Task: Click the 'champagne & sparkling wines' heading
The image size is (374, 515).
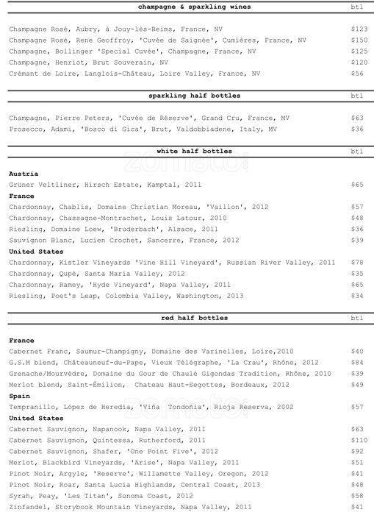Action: click(195, 7)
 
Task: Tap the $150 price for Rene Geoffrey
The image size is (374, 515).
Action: click(358, 40)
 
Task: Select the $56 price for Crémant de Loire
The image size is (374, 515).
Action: click(358, 74)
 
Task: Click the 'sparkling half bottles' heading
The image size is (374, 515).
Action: click(195, 96)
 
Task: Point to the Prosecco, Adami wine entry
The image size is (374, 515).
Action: click(143, 129)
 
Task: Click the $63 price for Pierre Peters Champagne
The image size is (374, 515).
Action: click(358, 118)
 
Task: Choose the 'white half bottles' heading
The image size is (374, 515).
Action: click(195, 151)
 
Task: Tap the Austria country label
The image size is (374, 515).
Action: click(23, 174)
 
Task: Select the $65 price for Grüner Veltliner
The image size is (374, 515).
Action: click(358, 185)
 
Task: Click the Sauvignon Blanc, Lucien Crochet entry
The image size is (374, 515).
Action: click(124, 240)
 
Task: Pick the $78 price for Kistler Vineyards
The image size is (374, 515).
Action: click(358, 262)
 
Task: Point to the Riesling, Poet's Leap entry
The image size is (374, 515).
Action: click(125, 295)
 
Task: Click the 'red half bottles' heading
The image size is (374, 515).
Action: click(195, 318)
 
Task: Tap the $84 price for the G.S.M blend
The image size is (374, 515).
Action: click(358, 362)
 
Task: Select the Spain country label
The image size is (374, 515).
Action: click(19, 395)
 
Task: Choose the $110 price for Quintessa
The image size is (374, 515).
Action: click(358, 440)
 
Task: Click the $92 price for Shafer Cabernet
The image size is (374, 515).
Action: click(358, 451)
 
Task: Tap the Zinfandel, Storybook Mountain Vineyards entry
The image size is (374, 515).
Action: click(130, 507)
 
